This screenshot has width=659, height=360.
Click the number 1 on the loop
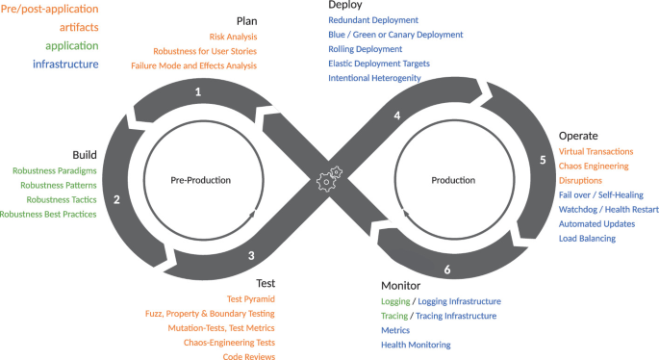tap(197, 93)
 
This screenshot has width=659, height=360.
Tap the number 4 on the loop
tap(396, 116)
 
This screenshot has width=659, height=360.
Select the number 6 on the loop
tap(446, 270)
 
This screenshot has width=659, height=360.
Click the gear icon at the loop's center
tap(328, 178)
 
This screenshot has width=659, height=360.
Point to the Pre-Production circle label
tap(201, 180)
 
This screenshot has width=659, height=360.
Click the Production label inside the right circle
tap(453, 180)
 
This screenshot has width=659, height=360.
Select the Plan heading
tap(246, 20)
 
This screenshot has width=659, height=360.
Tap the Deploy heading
tap(345, 5)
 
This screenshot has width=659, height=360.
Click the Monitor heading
tap(401, 285)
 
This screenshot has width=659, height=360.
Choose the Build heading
tap(85, 154)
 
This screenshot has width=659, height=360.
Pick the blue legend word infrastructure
tap(65, 64)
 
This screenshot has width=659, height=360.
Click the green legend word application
tap(66, 46)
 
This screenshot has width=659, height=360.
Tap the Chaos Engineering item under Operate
tap(599, 166)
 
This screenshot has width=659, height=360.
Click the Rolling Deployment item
tap(365, 48)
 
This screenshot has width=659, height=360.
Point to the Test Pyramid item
tap(250, 299)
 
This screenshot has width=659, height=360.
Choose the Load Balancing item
tap(587, 238)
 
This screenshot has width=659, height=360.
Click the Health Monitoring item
tap(416, 345)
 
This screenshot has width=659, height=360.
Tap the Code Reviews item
tap(248, 357)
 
